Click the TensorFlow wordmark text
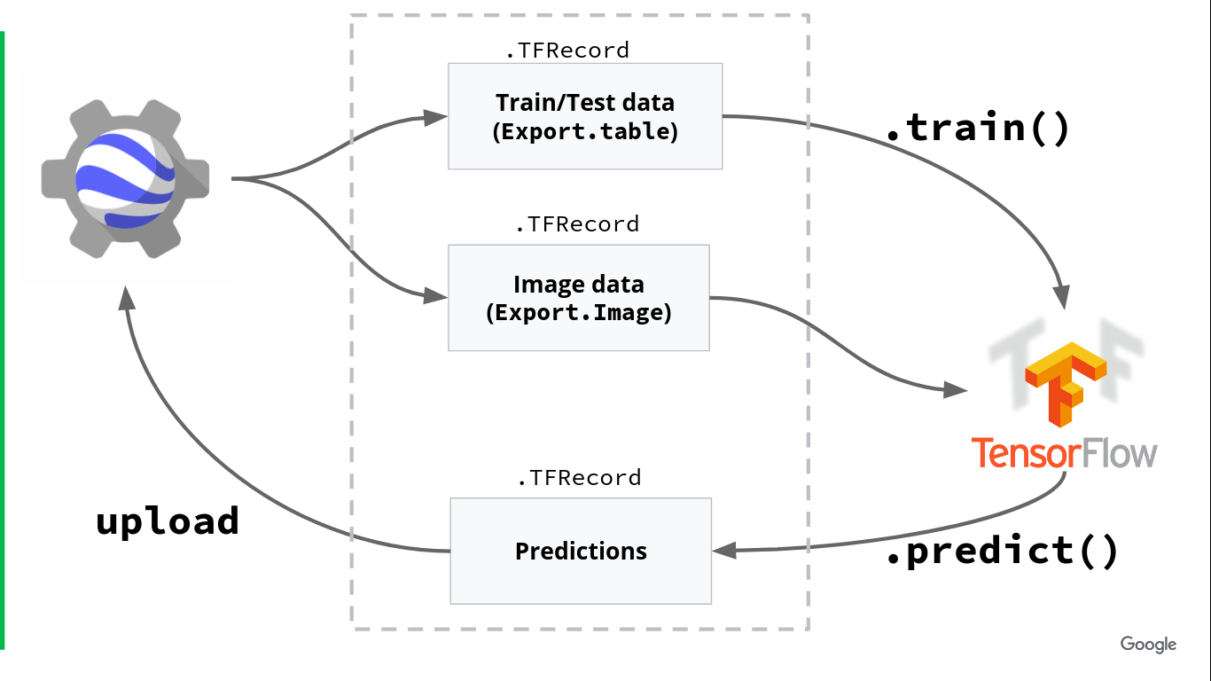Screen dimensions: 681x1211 [x=1064, y=452]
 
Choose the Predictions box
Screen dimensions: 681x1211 [x=581, y=551]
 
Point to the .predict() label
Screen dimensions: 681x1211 [x=1003, y=551]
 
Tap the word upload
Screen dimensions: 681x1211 [x=168, y=521]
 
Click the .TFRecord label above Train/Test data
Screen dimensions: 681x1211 [x=567, y=51]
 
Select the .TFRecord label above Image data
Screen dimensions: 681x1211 [x=577, y=224]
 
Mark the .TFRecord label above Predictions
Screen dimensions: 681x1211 [x=579, y=478]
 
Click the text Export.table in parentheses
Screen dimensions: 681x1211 [x=585, y=132]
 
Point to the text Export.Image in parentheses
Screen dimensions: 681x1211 [x=578, y=313]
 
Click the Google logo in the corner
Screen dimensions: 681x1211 [x=1148, y=645]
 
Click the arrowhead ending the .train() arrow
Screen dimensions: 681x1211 [x=1060, y=295]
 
